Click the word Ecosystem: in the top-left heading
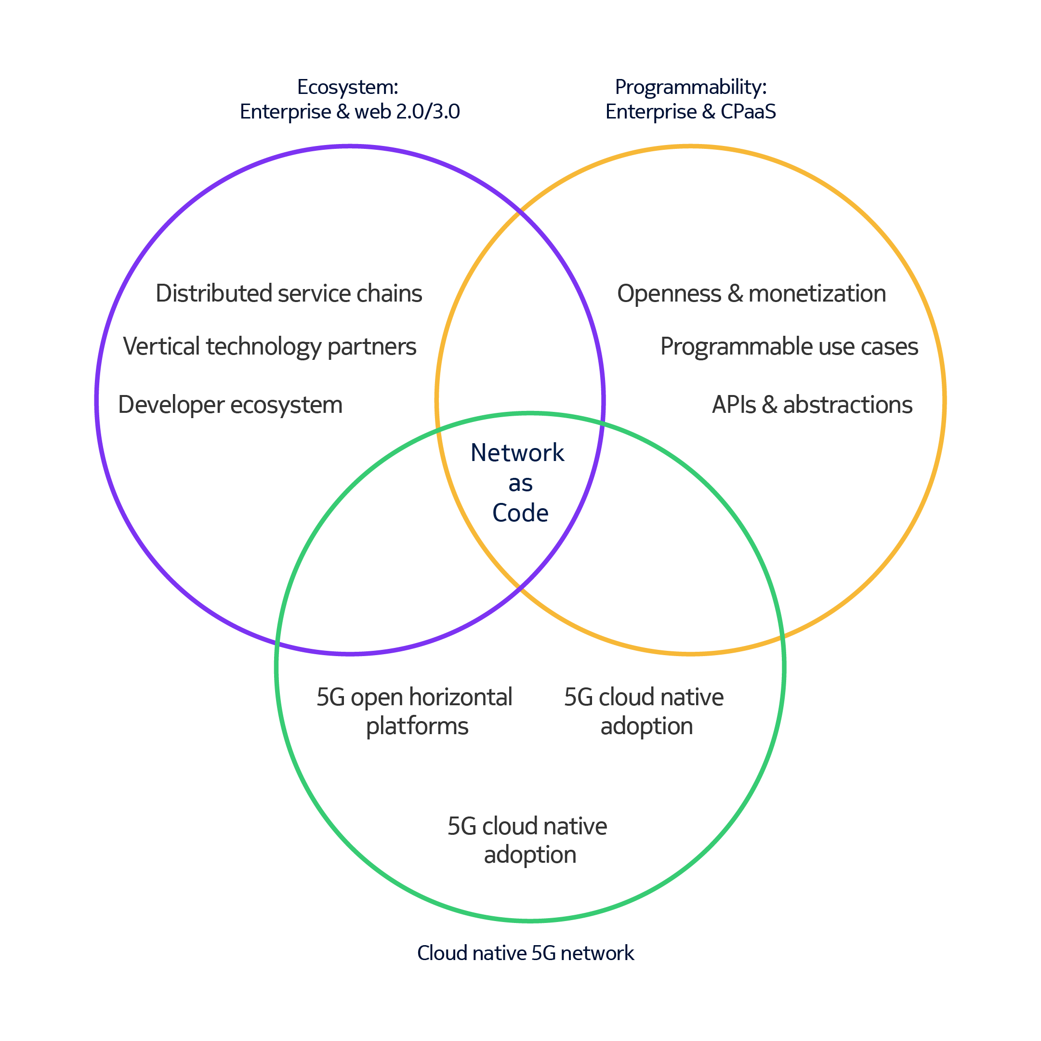347,87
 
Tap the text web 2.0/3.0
408,112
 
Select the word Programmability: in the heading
691,87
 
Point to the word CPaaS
748,112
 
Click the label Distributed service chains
289,294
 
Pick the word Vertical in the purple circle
162,346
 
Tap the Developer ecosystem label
230,405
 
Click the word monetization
817,294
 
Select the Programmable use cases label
790,347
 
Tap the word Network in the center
517,453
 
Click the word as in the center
520,483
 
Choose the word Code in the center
520,513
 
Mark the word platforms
417,726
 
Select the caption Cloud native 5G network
526,953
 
